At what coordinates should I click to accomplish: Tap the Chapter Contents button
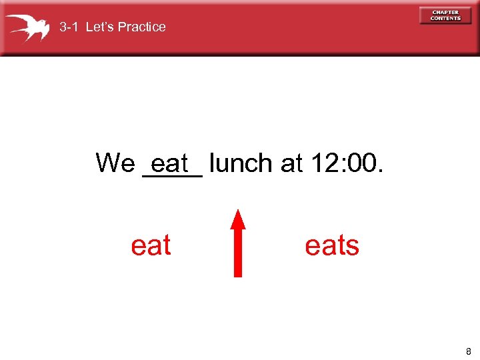tap(445, 15)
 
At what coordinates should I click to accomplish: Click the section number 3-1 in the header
tap(69, 27)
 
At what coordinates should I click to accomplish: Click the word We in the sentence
tap(115, 163)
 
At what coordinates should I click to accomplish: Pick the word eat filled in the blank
tap(171, 163)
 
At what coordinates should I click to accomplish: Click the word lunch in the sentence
tap(241, 163)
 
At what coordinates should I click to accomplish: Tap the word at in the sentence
tap(292, 163)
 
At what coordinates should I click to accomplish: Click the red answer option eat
tap(151, 245)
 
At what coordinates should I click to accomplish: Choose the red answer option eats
tap(331, 245)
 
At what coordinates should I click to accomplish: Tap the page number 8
tap(469, 351)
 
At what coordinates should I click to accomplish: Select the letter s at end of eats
tap(353, 246)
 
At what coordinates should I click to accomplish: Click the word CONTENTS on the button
tap(445, 19)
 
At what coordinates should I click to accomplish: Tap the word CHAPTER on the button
tap(445, 13)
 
